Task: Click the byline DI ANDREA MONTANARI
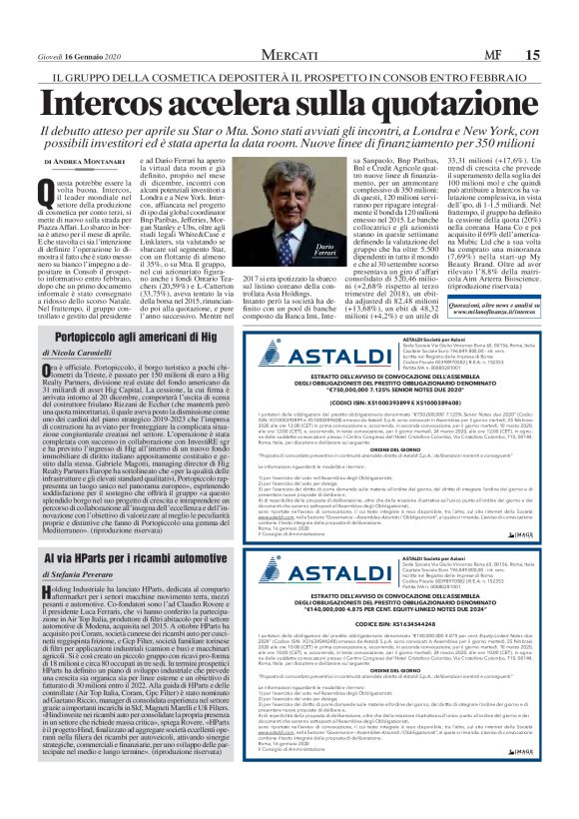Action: [91, 161]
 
